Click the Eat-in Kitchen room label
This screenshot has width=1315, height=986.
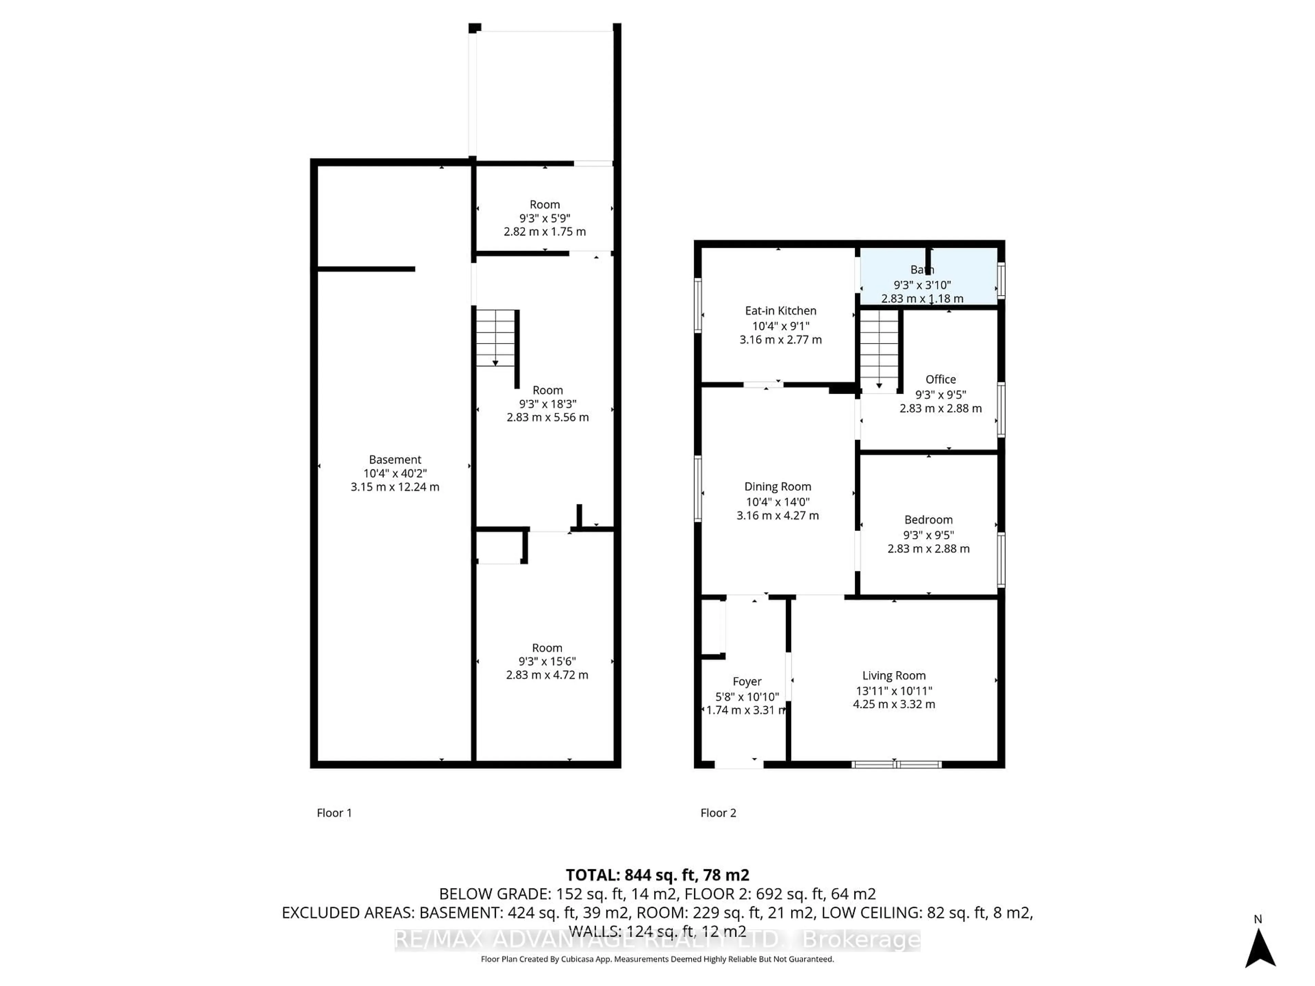(x=780, y=311)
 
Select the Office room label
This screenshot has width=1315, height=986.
(x=940, y=379)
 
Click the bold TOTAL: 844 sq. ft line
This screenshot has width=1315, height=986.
(x=657, y=875)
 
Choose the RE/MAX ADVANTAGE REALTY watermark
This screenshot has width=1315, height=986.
(x=657, y=940)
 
